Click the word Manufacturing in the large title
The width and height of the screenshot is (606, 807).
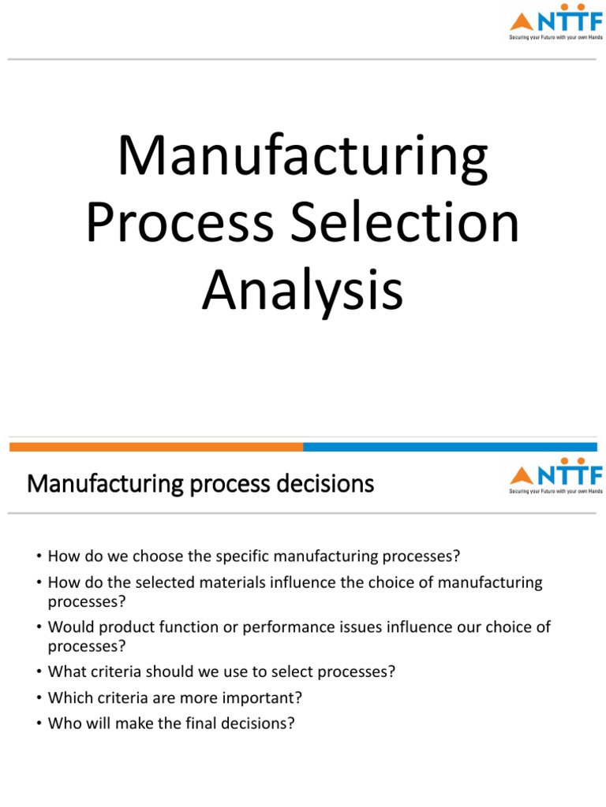coord(302,158)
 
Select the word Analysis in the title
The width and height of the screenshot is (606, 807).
coord(302,290)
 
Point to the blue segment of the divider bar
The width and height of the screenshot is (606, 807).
coord(454,447)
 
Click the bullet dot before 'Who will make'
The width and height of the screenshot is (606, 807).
coord(37,723)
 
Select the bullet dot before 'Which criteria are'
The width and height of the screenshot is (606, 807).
coord(37,698)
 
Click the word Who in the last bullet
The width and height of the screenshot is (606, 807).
coord(62,723)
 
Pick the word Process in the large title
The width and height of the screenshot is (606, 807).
coord(180,224)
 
